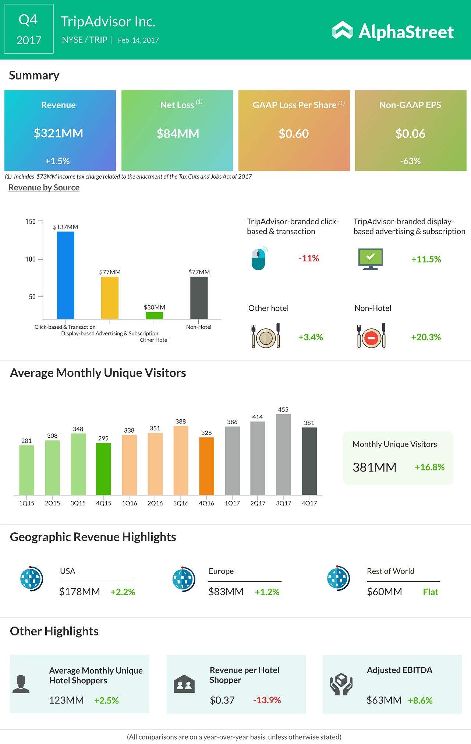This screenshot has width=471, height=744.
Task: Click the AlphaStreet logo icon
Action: (x=343, y=30)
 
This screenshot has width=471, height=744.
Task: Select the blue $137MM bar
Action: (x=65, y=275)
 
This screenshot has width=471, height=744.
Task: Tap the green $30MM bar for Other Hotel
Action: (x=154, y=315)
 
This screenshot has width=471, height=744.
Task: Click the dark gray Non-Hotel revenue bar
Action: (x=199, y=297)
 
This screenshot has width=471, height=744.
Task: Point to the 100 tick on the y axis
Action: (x=31, y=259)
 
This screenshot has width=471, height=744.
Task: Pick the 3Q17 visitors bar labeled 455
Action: (x=283, y=454)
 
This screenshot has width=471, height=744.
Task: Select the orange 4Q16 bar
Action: (x=206, y=466)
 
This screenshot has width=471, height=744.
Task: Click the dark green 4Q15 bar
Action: (x=103, y=469)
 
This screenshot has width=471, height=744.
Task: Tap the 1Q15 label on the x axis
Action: (x=26, y=503)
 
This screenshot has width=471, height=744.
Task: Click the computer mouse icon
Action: (x=259, y=258)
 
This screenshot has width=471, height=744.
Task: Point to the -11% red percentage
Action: (x=309, y=258)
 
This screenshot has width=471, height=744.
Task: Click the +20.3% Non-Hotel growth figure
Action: (x=426, y=337)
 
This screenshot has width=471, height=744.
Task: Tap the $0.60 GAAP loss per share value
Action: (x=294, y=134)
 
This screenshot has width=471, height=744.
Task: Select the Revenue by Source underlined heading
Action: (x=44, y=188)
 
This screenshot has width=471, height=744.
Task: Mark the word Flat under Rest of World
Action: (x=431, y=592)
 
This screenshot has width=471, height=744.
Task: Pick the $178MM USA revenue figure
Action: (x=79, y=592)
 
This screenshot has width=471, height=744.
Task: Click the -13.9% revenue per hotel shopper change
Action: (x=267, y=700)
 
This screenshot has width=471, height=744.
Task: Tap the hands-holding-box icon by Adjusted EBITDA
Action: (x=341, y=684)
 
